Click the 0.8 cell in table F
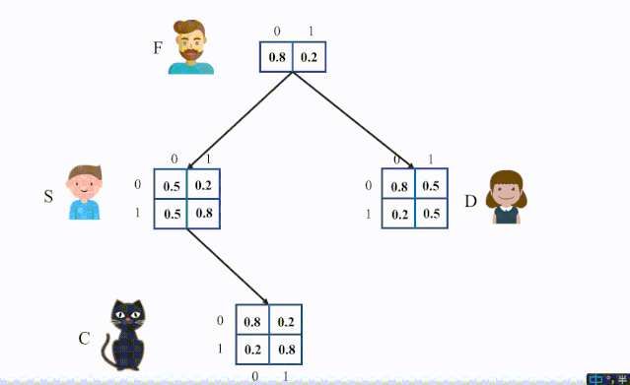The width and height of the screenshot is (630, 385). pos(276,57)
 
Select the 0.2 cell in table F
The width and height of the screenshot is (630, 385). pos(309,57)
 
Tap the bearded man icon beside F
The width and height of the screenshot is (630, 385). pos(190,47)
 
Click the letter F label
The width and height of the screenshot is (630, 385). pos(157,47)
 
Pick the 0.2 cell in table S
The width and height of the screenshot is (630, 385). pos(203,184)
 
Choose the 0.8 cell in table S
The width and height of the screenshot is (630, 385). pos(203,213)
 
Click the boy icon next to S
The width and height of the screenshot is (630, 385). pos(85,192)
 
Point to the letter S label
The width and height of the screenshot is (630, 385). pos(48,196)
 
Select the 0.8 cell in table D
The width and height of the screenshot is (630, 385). pos(399,185)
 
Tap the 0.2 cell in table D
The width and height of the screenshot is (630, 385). pos(399,213)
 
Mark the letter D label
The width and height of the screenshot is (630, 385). pos(470,202)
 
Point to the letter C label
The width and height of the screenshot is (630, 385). pos(84,339)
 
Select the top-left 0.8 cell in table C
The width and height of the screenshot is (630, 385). pos(252,320)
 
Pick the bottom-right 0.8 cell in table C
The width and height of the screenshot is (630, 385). pos(285,348)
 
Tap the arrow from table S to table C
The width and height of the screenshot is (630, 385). pos(231,266)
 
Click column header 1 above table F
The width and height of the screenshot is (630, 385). pos(311,32)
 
